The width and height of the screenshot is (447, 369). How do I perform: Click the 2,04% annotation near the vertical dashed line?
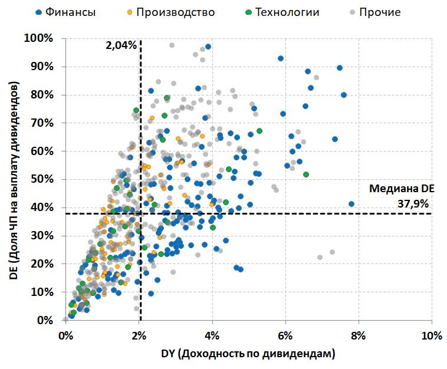click(121, 45)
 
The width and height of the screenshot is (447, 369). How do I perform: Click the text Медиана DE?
click(401, 189)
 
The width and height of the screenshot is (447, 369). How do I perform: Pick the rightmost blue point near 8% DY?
click(351, 204)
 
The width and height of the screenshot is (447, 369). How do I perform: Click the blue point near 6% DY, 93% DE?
click(281, 58)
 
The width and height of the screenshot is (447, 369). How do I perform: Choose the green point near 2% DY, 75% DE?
click(136, 110)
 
